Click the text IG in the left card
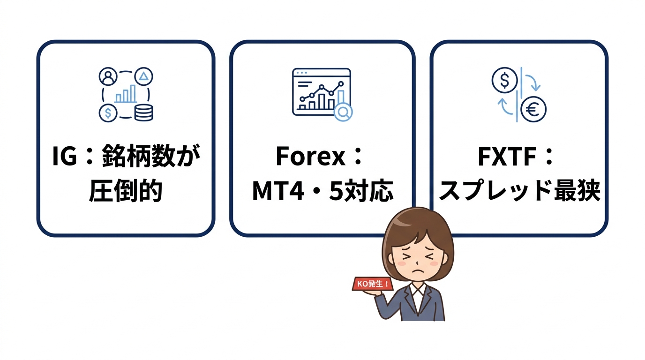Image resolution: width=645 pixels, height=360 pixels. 65,157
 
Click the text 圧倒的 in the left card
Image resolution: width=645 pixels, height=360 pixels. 126,191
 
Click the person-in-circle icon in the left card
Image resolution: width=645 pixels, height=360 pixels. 108,77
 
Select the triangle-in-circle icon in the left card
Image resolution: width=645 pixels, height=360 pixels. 144,76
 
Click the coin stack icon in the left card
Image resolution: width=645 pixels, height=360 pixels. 143,112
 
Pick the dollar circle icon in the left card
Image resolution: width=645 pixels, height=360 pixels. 108,113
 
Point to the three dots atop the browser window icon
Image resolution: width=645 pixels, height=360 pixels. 300,73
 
